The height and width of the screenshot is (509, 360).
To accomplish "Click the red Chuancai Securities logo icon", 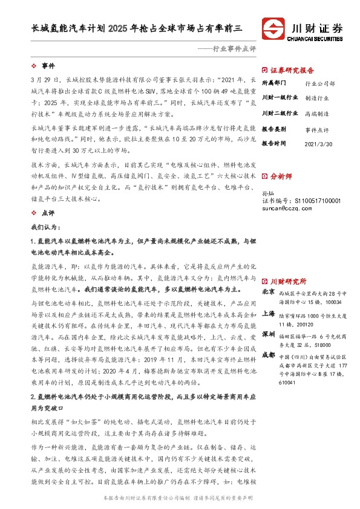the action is [x=273, y=28].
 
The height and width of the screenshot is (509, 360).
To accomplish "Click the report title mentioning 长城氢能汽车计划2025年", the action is [x=137, y=27].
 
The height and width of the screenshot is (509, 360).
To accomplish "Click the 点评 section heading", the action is [x=48, y=213].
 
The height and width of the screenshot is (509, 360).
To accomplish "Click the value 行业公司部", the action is [x=320, y=83].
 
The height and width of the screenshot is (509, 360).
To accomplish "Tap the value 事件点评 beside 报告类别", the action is [x=317, y=129].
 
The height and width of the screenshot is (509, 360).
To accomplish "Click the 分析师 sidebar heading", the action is [x=281, y=177].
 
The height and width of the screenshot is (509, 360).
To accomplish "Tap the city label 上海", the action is [x=269, y=314].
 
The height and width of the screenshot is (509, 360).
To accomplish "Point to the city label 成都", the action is [x=269, y=357].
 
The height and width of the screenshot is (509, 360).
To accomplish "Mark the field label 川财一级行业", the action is [x=280, y=97].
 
